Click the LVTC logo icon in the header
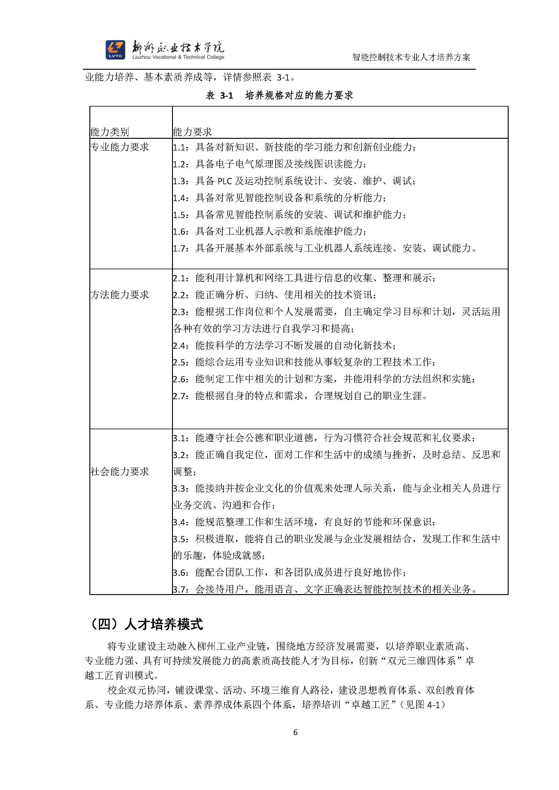[x=115, y=49]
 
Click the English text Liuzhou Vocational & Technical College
[x=178, y=57]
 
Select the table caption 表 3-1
[x=220, y=95]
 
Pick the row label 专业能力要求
[x=120, y=147]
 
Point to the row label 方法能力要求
[x=120, y=294]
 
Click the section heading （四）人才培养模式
[x=146, y=624]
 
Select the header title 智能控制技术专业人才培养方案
[x=411, y=57]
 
